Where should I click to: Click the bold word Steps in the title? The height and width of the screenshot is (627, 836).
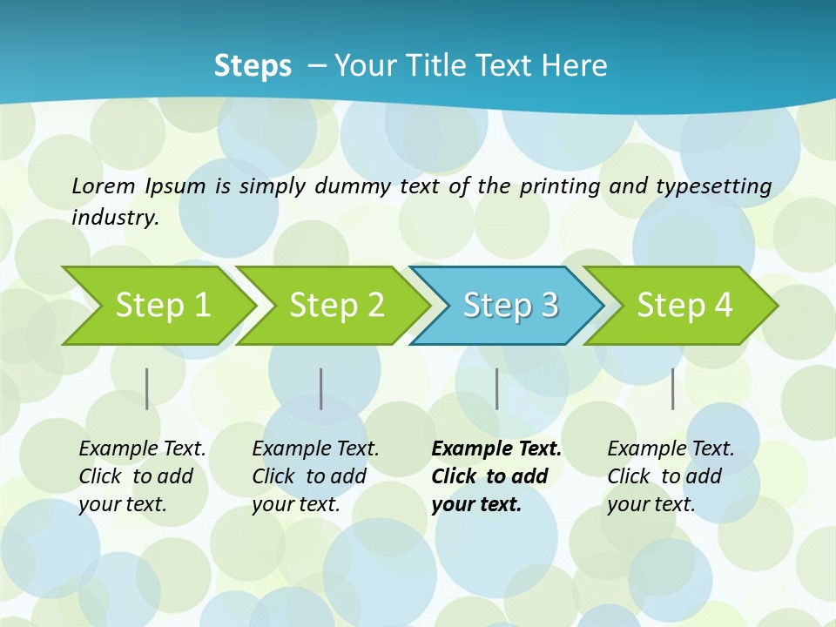pyautogui.click(x=253, y=66)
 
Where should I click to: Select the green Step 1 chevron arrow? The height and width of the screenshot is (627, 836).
pyautogui.click(x=162, y=306)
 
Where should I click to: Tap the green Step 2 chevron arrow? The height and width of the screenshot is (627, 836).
pyautogui.click(x=336, y=306)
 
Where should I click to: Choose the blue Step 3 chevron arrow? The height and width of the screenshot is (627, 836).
pyautogui.click(x=510, y=306)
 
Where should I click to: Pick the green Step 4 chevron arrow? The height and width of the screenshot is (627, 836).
pyautogui.click(x=684, y=306)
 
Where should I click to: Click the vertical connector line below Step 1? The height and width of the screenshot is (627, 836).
pyautogui.click(x=147, y=388)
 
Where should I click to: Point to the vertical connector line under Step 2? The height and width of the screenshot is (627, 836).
pyautogui.click(x=321, y=388)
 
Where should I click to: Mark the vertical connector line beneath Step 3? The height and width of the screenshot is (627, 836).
pyautogui.click(x=497, y=388)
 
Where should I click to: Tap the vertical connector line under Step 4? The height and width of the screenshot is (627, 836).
pyautogui.click(x=673, y=388)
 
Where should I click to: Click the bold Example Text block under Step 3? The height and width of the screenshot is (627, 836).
pyautogui.click(x=496, y=476)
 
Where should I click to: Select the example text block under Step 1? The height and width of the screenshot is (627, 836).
pyautogui.click(x=142, y=476)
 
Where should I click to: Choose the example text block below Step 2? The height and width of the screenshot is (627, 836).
pyautogui.click(x=315, y=476)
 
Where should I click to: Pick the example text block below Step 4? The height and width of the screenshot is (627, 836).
pyautogui.click(x=671, y=476)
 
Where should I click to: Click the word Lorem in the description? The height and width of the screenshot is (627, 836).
pyautogui.click(x=104, y=185)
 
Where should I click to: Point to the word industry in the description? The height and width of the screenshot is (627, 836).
pyautogui.click(x=114, y=218)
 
